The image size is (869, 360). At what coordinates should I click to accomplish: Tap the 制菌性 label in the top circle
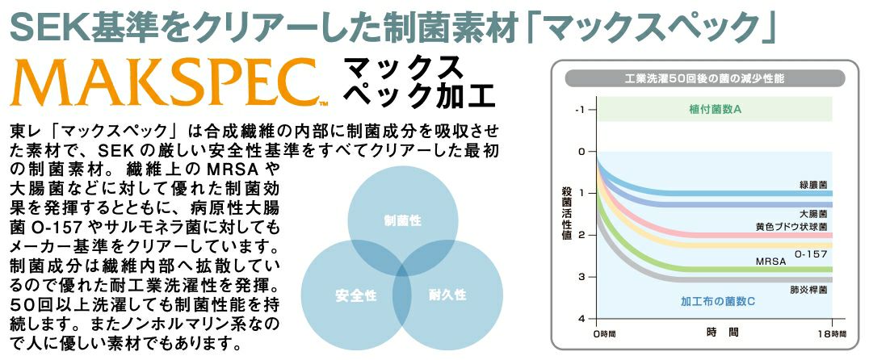(403, 221)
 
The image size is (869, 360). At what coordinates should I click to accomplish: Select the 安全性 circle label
(356, 295)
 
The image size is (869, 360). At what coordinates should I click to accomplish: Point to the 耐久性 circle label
(447, 295)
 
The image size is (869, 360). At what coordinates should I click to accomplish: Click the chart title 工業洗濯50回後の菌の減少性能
(704, 78)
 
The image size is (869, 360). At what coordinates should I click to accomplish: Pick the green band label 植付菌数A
(715, 109)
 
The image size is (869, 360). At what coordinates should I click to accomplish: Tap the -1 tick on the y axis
(579, 109)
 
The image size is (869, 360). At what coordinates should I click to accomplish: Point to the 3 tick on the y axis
(581, 277)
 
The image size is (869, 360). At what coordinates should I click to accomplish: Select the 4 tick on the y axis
(581, 319)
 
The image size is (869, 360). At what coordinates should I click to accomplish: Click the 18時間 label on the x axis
(831, 333)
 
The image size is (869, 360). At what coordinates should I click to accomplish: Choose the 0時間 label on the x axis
(604, 334)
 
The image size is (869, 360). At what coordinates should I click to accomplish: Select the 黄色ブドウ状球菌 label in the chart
(791, 227)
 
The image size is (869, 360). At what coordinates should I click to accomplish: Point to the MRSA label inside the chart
(771, 261)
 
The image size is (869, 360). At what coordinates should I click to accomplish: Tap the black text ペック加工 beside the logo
(419, 96)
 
